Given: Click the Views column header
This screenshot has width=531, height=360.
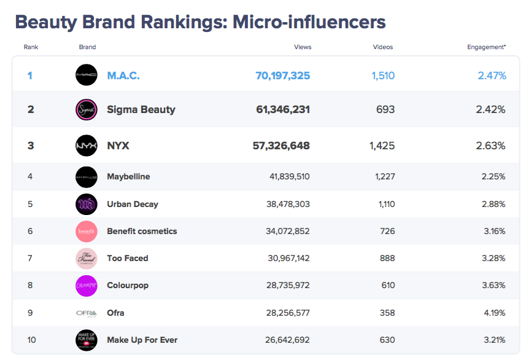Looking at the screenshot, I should pos(303,47).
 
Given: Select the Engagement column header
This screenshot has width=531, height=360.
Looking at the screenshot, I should pos(486,47).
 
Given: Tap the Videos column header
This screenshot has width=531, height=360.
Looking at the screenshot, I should pos(382,47).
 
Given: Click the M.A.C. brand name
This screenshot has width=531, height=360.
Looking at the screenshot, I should pos(123,76).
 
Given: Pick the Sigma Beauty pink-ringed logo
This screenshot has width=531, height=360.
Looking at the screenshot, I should pos(86,109).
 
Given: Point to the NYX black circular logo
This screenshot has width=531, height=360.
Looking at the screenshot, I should pos(86,146).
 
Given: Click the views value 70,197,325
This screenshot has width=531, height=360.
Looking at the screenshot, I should pos(282,76).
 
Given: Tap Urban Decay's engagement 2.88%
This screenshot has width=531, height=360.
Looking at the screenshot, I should pos(494,204).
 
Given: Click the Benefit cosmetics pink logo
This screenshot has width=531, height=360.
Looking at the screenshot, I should pos(86,232).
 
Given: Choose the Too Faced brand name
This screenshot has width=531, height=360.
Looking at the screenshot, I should pos(128,259).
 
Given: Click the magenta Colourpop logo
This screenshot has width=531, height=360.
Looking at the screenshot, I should pos(86,286).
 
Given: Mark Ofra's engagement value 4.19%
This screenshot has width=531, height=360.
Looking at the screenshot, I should pos(494,313).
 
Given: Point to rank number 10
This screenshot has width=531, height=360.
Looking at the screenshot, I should pos(30,340).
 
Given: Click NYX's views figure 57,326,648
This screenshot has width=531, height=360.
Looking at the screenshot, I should pos(281,146).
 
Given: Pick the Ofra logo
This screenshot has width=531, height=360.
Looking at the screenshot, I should pos(86,313).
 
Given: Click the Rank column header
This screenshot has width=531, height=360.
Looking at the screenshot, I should pos(31,47).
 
